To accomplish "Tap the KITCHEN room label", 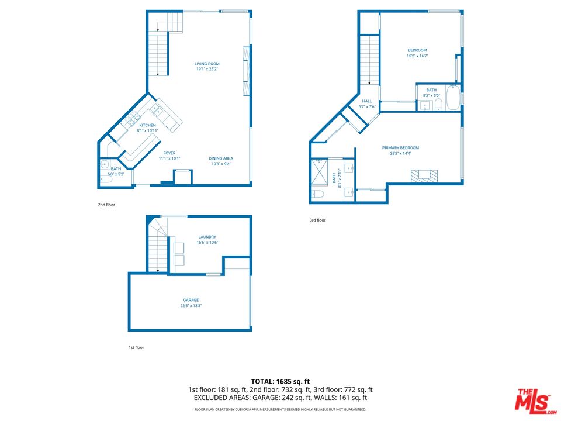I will click(147, 125).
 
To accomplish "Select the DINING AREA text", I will click(220, 158).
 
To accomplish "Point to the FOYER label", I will click(169, 153).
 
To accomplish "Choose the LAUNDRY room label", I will click(207, 237).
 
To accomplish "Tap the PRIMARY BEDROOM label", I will click(400, 147).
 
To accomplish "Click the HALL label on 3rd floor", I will click(367, 101).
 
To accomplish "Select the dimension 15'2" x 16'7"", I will click(417, 56).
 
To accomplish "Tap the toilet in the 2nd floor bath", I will click(105, 180).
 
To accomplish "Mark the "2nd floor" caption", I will click(106, 205).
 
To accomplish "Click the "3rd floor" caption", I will click(317, 220).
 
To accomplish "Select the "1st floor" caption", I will click(136, 347).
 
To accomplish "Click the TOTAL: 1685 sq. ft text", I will click(280, 381).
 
